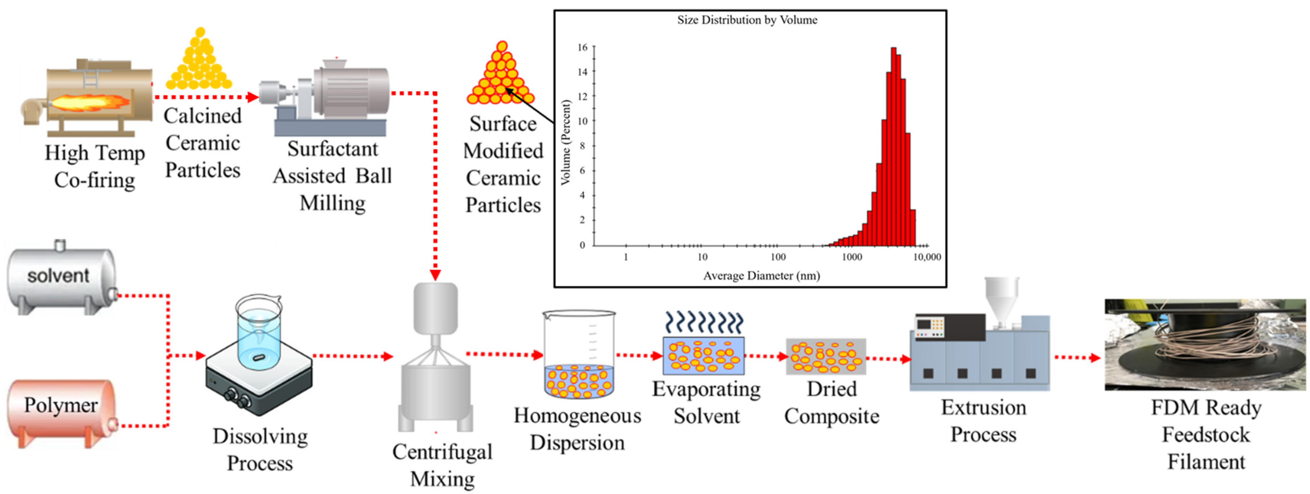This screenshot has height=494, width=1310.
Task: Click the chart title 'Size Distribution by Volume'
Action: [x=747, y=20]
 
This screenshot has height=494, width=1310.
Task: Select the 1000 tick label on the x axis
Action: [x=852, y=257]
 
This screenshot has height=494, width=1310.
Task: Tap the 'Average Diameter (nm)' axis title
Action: [x=761, y=276]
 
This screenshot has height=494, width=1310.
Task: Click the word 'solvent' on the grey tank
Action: [x=58, y=276]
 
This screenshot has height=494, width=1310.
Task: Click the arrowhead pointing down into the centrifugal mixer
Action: [x=435, y=275]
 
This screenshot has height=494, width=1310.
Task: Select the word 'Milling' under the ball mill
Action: [x=333, y=203]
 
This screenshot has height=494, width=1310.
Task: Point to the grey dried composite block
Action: [x=826, y=356]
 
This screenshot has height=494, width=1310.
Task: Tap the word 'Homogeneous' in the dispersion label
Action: [x=577, y=416]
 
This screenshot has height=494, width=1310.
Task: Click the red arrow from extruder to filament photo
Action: [x=1078, y=358]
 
